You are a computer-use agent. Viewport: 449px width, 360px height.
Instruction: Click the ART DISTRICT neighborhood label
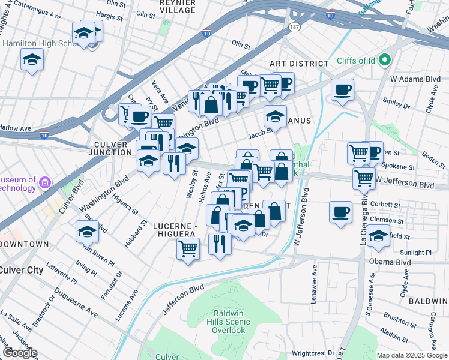click(x=299, y=64)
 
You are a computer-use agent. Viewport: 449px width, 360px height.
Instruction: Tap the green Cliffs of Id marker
click(x=385, y=60)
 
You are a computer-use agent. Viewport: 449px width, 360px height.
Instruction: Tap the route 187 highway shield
click(x=294, y=28)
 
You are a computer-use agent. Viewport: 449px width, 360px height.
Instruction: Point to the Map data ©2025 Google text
click(x=411, y=355)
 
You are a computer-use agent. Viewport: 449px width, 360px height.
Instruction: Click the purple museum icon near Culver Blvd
click(x=44, y=181)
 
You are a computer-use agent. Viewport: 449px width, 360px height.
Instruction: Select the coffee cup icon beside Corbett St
click(x=341, y=212)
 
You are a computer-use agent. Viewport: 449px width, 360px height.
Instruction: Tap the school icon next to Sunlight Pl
click(x=378, y=236)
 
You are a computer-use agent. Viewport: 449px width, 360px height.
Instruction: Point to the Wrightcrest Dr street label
click(x=312, y=353)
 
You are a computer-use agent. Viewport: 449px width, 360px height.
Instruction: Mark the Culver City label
click(x=21, y=270)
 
